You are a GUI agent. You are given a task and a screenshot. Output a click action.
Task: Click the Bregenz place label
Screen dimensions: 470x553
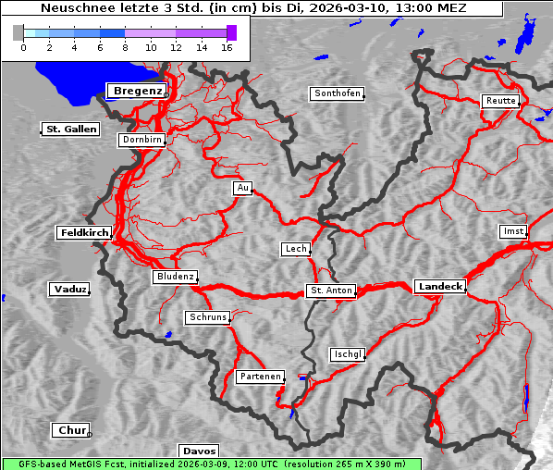(x=138, y=91)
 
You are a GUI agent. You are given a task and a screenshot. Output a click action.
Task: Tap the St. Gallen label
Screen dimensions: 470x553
(x=70, y=130)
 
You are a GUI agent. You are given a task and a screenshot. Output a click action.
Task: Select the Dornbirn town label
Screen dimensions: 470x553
(x=142, y=141)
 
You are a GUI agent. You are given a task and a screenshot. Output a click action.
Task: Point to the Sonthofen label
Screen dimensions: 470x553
(x=337, y=93)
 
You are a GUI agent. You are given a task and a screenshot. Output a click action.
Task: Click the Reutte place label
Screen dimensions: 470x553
(x=499, y=101)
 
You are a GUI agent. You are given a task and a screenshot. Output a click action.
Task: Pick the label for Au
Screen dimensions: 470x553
(x=242, y=189)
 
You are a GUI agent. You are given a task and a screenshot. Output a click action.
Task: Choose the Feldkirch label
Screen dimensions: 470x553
(x=84, y=233)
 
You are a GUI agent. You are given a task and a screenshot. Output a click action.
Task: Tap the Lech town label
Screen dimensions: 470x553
(x=296, y=249)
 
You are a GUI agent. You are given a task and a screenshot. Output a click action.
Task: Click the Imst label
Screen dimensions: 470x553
(x=511, y=230)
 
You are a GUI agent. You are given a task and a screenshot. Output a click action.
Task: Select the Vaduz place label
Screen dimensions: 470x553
(x=69, y=290)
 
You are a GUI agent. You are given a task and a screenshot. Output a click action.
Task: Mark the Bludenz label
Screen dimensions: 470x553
(x=175, y=277)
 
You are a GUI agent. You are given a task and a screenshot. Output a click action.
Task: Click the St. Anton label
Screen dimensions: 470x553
(x=330, y=291)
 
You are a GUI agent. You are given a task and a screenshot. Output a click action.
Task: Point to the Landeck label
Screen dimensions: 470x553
(x=439, y=287)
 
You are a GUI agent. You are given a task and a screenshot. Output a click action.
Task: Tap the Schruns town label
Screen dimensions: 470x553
(x=207, y=317)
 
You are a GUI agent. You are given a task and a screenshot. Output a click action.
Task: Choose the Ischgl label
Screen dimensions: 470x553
(x=348, y=354)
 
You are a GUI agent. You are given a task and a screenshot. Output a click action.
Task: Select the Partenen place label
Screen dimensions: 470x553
(x=259, y=377)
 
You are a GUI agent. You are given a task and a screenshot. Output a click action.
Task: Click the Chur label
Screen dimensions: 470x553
(x=70, y=430)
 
